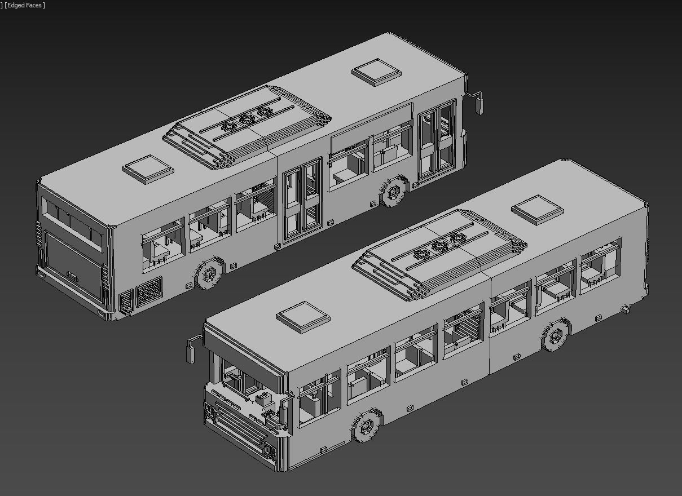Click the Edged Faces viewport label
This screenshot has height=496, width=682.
25,5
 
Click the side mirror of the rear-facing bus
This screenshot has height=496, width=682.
479,105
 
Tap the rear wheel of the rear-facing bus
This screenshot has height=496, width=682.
209,274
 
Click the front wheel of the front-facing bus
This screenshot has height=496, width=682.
367,426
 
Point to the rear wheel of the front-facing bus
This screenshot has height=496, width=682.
556,335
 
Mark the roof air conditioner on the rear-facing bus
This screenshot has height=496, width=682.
247,127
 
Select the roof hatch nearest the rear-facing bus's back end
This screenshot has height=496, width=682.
148,169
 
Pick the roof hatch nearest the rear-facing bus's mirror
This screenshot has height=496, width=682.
376,72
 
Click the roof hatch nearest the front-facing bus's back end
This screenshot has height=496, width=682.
537,209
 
